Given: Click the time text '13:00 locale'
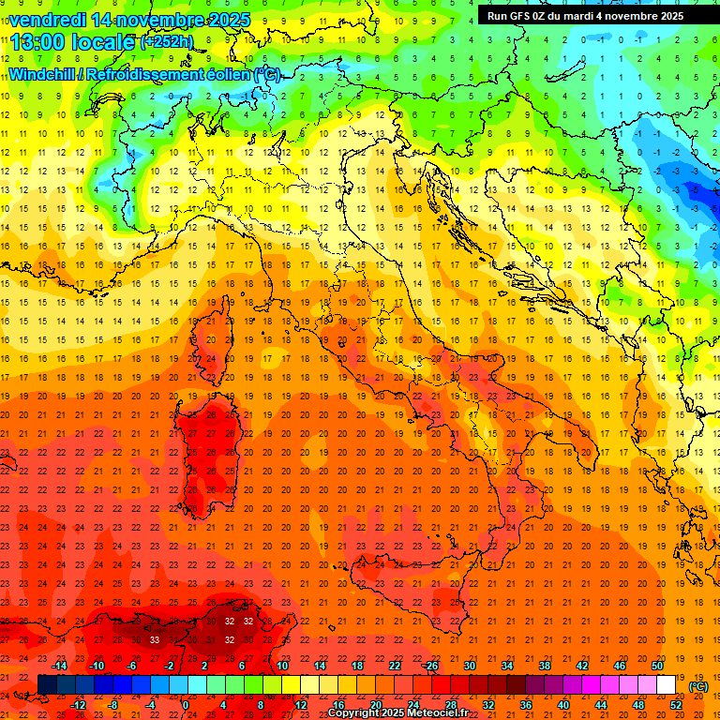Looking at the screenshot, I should pyautogui.click(x=73, y=40).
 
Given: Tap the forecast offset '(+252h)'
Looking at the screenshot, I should pyautogui.click(x=167, y=41).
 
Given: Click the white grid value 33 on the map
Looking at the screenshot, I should pyautogui.click(x=155, y=639).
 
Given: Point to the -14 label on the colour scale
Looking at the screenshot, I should pyautogui.click(x=60, y=666).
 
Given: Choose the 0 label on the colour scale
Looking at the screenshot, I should pyautogui.click(x=185, y=705).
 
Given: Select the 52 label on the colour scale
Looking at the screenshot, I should pyautogui.click(x=676, y=705).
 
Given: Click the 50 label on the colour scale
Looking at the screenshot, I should pyautogui.click(x=657, y=666).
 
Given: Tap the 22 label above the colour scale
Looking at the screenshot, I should pyautogui.click(x=395, y=666).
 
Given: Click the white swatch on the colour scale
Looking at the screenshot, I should pyautogui.click(x=667, y=685).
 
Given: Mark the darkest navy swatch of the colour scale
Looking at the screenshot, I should pyautogui.click(x=47, y=685).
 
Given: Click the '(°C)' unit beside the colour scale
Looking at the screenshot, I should pyautogui.click(x=698, y=686).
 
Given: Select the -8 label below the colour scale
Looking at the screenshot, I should pyautogui.click(x=112, y=705).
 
